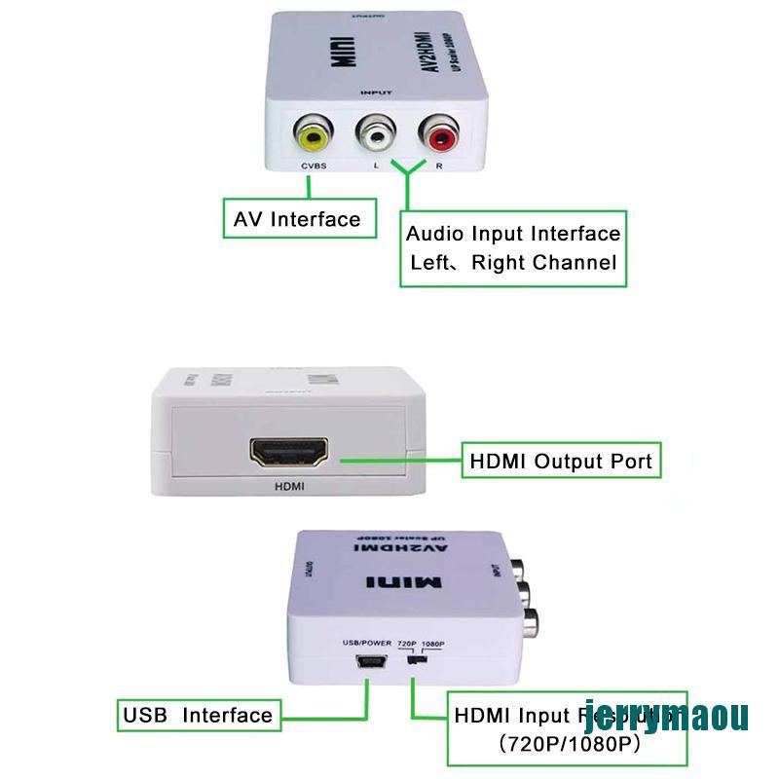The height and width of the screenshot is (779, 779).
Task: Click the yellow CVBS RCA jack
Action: click(314, 137)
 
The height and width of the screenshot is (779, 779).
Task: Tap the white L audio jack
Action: click(375, 137)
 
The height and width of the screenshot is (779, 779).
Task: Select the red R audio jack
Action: click(436, 137)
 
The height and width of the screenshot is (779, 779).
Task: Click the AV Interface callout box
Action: click(297, 219)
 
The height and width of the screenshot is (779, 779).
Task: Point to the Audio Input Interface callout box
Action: click(512, 248)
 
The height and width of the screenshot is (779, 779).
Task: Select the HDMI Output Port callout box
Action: click(560, 461)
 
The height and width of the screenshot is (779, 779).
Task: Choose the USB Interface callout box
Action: click(198, 716)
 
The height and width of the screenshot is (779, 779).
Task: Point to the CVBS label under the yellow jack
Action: click(314, 167)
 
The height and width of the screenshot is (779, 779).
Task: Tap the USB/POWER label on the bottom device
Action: click(366, 644)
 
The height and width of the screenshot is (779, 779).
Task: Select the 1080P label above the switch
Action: click(433, 644)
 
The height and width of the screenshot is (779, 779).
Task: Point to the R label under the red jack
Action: click(439, 167)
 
